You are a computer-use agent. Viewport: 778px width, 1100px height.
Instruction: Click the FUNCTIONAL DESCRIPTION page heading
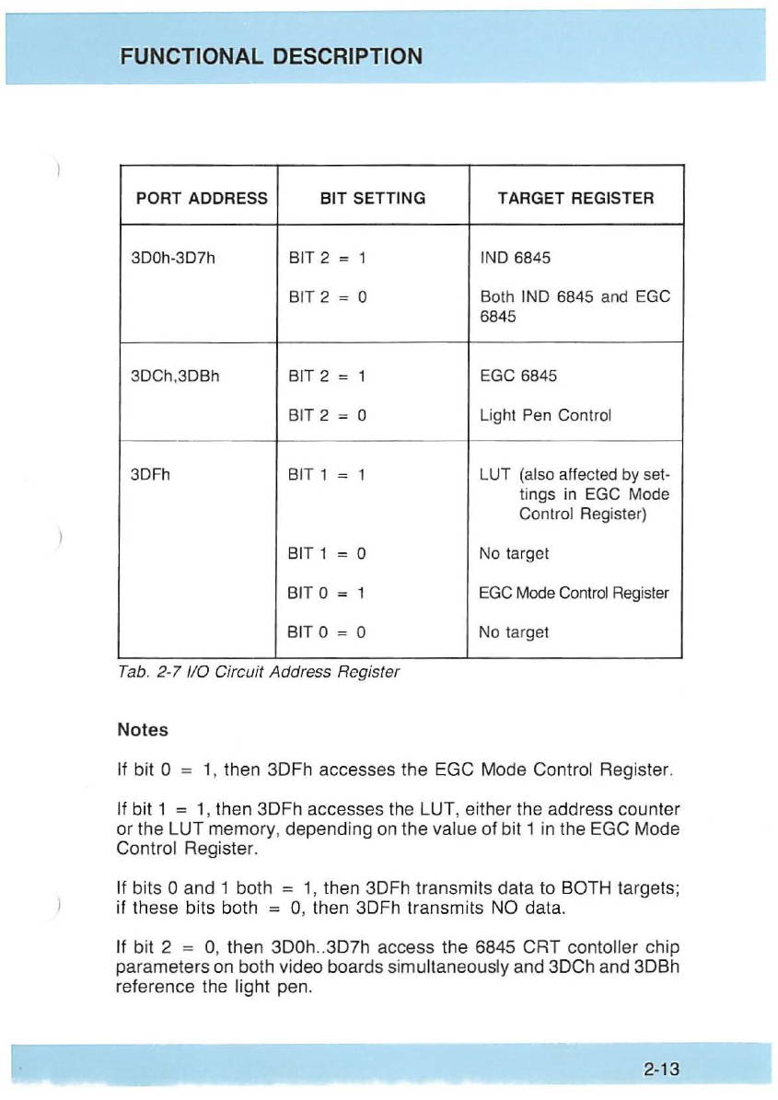tap(271, 56)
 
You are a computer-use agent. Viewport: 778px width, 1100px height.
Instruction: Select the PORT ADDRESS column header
tap(202, 198)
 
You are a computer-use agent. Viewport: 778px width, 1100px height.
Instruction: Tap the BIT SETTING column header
tap(372, 198)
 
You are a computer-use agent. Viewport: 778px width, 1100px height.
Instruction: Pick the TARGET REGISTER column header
tap(575, 198)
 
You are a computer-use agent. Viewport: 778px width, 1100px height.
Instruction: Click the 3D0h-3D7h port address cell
tap(175, 257)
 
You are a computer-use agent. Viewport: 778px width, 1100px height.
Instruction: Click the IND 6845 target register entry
tap(515, 257)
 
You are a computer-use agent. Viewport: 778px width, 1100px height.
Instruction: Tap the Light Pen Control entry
tap(546, 414)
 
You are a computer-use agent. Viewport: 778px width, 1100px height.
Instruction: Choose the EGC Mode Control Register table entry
tap(574, 593)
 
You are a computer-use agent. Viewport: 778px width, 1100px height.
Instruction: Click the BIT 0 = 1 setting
tap(328, 593)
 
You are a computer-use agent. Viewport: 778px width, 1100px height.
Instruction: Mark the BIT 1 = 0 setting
tap(328, 553)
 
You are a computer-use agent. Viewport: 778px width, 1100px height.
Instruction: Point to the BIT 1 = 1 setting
tap(328, 475)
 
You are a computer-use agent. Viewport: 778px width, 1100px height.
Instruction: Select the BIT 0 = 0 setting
tap(328, 632)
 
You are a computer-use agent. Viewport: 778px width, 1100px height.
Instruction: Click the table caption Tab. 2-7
tap(260, 672)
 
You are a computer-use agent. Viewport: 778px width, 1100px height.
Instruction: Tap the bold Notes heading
tap(143, 730)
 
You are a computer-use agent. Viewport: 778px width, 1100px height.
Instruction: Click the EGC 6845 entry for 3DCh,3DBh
tap(518, 376)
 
